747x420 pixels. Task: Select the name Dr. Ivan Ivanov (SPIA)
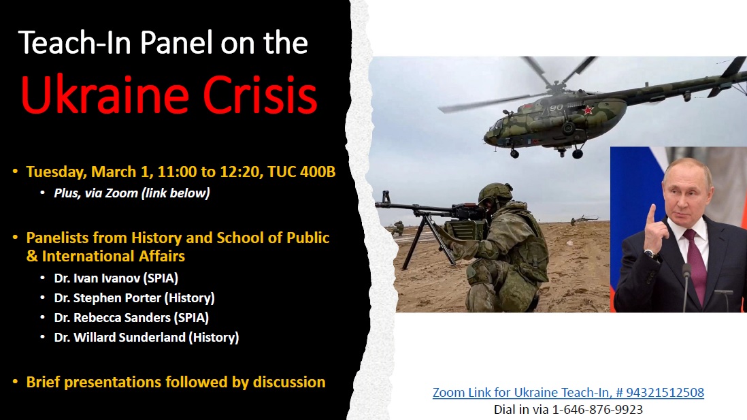(x=116, y=278)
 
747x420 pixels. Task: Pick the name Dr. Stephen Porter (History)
(x=134, y=297)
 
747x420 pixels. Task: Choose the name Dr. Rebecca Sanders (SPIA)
(x=131, y=317)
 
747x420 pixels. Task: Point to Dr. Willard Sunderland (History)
(x=146, y=337)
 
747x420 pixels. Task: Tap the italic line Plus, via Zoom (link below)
(x=132, y=193)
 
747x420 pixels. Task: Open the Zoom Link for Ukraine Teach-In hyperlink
(x=568, y=393)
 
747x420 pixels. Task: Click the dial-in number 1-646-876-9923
(x=598, y=409)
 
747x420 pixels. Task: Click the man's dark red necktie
(x=693, y=259)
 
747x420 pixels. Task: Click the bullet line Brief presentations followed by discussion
(x=176, y=382)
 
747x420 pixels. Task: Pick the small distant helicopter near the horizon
(x=584, y=219)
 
